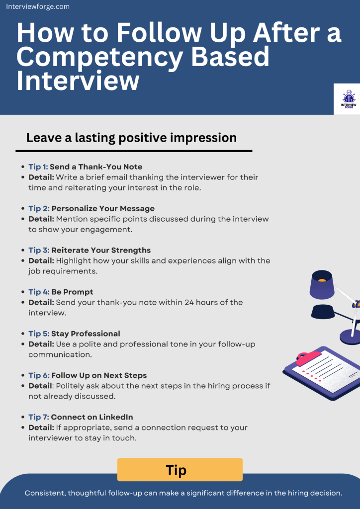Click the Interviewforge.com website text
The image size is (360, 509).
(x=38, y=7)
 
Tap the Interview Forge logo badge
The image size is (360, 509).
(x=347, y=99)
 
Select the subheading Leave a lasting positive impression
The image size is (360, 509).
(x=131, y=137)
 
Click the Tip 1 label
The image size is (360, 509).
(x=38, y=167)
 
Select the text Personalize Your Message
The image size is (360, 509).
(x=103, y=208)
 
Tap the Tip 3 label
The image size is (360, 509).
(x=38, y=250)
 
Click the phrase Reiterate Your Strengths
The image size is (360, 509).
(x=101, y=250)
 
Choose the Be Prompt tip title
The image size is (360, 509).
(x=72, y=292)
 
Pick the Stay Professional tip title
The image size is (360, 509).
(x=86, y=334)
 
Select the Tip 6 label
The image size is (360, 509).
(x=38, y=375)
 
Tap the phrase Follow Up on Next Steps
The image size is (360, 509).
(x=99, y=375)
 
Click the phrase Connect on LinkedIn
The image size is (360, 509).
(x=91, y=417)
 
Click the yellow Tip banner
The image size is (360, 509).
(x=180, y=470)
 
